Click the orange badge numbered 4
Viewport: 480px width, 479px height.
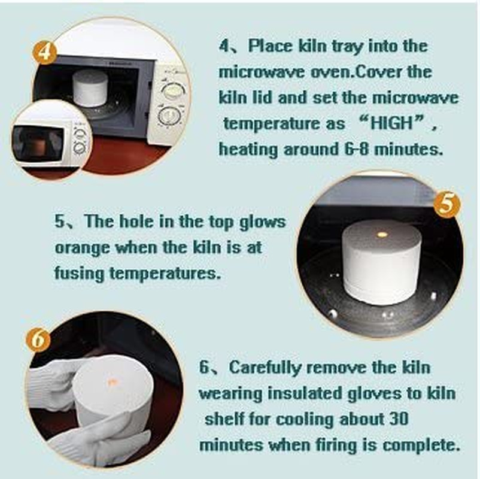coord(45,53)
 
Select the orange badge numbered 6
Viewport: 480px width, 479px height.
coord(38,340)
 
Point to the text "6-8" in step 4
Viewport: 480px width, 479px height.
coord(355,150)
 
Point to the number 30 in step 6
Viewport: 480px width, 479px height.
coord(399,419)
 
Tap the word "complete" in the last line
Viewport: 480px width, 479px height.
coord(421,445)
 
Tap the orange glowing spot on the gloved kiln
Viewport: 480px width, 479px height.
coord(111,382)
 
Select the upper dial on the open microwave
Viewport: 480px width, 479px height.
coord(173,91)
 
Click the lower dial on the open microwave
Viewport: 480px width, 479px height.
coord(167,117)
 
